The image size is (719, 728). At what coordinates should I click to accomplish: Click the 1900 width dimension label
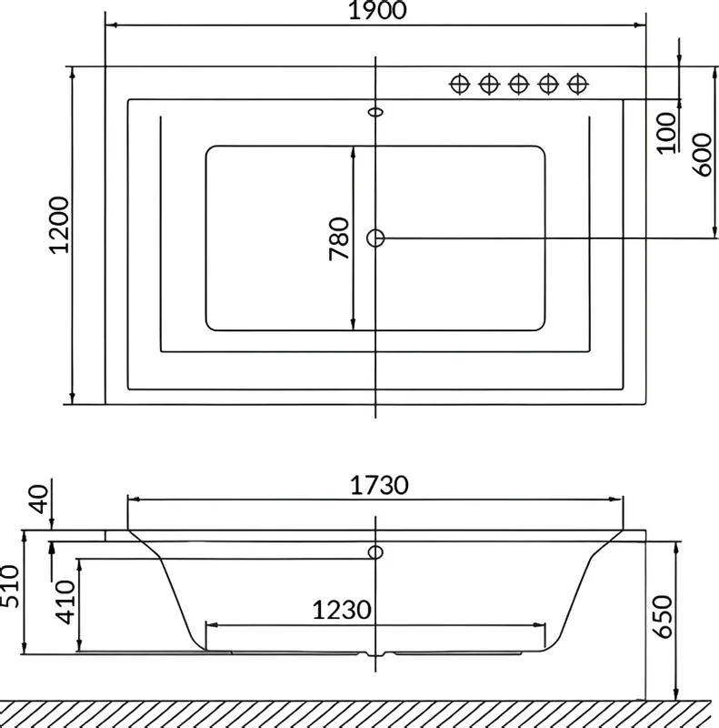pos(377,10)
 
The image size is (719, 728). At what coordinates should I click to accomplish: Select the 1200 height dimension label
pos(59,225)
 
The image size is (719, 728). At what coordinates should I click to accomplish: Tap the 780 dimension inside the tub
pos(339,238)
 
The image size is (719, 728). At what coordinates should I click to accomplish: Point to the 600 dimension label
pos(703,155)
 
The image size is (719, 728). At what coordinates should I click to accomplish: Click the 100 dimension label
pos(667,133)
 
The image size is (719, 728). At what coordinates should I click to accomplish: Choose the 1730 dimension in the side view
pos(379,486)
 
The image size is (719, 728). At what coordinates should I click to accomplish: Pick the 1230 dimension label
pos(342,610)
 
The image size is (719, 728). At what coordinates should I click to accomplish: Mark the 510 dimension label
pos(9,586)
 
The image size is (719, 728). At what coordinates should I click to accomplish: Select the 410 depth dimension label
pos(65,602)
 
